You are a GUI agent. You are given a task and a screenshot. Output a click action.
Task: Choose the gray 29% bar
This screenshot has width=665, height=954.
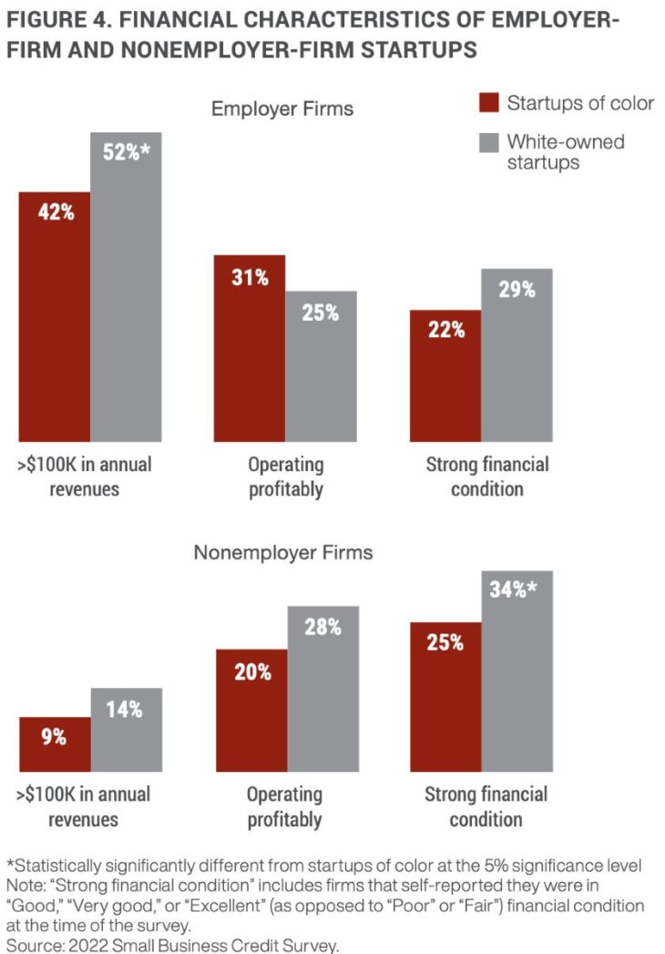click(517, 355)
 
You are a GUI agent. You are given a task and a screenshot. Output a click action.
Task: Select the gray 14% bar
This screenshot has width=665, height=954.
click(126, 730)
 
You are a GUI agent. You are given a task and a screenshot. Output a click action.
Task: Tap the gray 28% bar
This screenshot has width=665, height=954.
click(322, 689)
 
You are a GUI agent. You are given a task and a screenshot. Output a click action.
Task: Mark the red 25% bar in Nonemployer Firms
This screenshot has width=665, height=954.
click(445, 697)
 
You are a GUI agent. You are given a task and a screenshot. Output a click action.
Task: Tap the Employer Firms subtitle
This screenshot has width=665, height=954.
click(282, 109)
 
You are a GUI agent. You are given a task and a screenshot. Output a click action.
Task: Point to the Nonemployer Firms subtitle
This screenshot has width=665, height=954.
click(283, 552)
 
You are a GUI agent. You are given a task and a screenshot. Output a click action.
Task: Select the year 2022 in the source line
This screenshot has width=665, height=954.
click(87, 945)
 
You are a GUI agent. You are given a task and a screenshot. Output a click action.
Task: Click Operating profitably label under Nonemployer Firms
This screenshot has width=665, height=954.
click(285, 806)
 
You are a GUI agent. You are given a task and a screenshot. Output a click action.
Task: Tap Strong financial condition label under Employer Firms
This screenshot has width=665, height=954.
click(487, 477)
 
